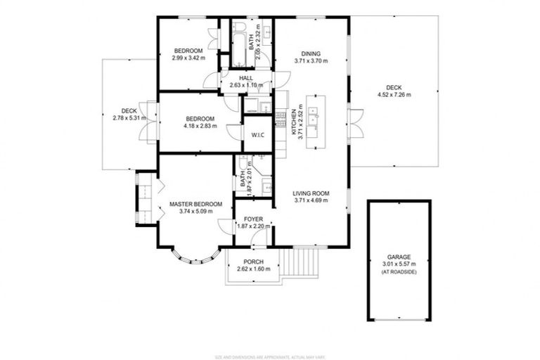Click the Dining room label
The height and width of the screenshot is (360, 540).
coord(311,53)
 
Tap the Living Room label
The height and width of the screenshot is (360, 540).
coord(311,193)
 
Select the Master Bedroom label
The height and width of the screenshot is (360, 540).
coord(195,205)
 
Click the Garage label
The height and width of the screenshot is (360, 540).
coord(399,257)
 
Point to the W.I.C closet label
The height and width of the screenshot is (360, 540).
coord(257,134)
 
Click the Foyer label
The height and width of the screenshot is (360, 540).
coord(253,219)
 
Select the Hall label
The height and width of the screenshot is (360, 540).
coord(246,79)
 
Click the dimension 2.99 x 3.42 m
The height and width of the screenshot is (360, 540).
coord(188,58)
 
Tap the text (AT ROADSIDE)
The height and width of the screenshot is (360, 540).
coord(399,271)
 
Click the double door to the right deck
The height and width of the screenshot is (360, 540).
coord(357,123)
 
